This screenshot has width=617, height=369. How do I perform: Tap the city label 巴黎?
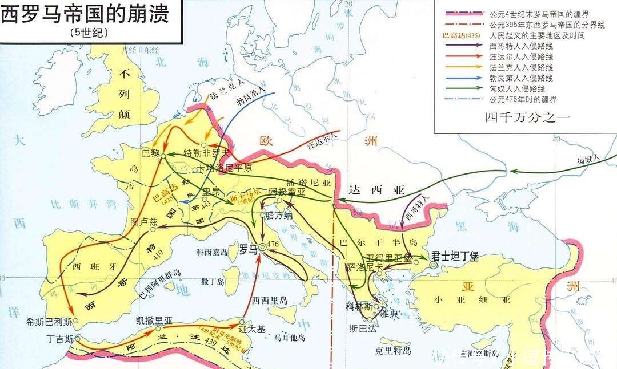tap(150, 153)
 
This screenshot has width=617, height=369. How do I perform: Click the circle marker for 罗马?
tap(262, 246)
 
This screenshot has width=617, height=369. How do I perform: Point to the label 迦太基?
tap(251, 329)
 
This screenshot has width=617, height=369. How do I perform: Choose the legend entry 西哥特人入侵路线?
tap(521, 46)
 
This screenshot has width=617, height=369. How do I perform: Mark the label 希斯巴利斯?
tap(49, 322)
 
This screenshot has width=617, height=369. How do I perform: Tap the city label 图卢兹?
tap(143, 221)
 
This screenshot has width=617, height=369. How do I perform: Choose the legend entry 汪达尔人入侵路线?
tap(521, 57)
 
